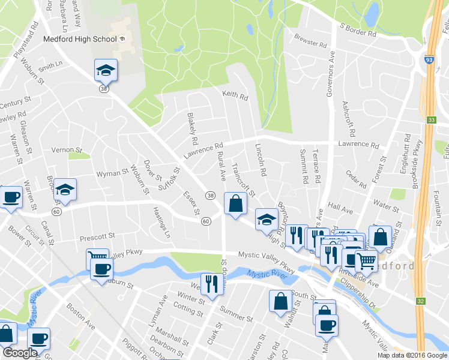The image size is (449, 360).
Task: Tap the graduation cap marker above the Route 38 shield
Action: (106, 70)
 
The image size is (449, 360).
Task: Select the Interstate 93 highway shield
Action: (431, 60)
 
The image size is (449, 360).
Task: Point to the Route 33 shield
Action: (432, 120)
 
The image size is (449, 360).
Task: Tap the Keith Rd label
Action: (235, 95)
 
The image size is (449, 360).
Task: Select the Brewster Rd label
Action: (310, 44)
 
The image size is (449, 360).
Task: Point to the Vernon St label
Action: (66, 149)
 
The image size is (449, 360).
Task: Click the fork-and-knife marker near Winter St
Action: (211, 283)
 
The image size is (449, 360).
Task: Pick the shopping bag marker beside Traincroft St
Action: (234, 203)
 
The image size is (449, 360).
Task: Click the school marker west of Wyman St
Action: (65, 190)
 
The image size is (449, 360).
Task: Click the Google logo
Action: (20, 353)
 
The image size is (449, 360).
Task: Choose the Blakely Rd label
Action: (192, 130)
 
